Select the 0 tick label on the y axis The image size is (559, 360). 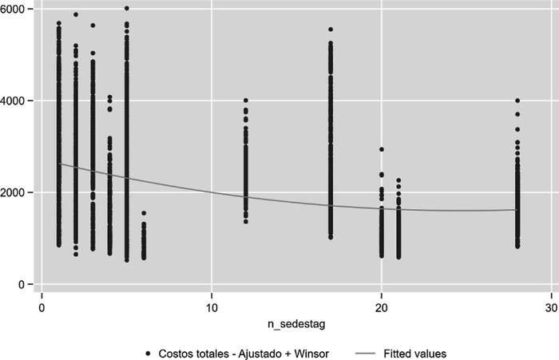click(22, 285)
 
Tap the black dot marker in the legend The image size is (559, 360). click(149, 352)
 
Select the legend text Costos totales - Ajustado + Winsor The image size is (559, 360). click(240, 352)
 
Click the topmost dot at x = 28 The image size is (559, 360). click(517, 101)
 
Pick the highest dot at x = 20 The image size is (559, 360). click(382, 149)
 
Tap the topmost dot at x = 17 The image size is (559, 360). click(331, 30)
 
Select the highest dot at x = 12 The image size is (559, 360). click(246, 101)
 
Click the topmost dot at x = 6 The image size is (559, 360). click(144, 213)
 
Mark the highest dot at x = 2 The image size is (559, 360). click(76, 14)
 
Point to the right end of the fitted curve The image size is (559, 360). click(517, 210)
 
